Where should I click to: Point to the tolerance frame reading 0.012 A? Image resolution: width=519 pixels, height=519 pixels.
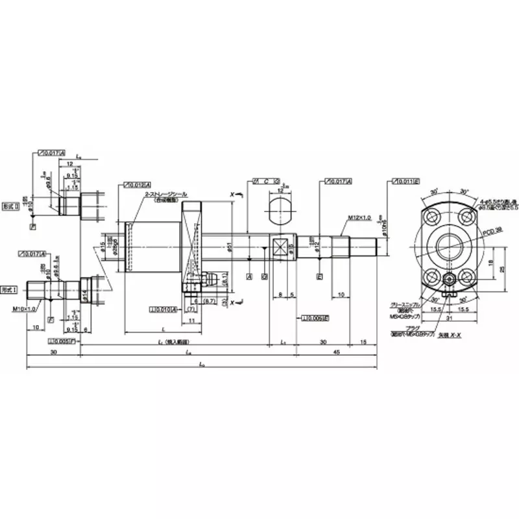click(138, 185)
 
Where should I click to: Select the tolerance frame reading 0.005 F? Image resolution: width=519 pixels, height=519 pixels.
click(62, 340)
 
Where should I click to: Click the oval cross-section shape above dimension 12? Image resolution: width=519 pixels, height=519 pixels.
click(280, 210)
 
